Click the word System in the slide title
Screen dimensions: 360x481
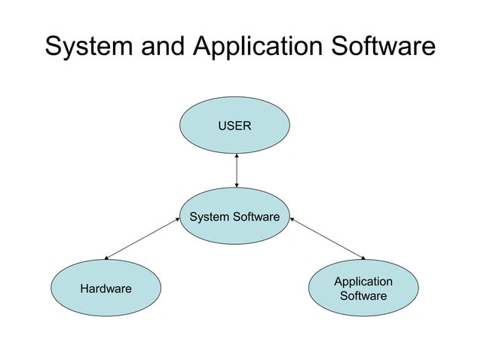point(89,46)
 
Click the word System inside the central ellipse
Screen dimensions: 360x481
point(208,218)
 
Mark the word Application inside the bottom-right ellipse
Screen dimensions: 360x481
point(363,282)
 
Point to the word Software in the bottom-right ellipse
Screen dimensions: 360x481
point(363,296)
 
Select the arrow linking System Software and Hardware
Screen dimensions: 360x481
point(142,239)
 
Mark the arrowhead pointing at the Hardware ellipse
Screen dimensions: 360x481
point(106,258)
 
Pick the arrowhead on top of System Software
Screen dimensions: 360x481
point(237,185)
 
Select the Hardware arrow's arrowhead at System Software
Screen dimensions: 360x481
point(177,220)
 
